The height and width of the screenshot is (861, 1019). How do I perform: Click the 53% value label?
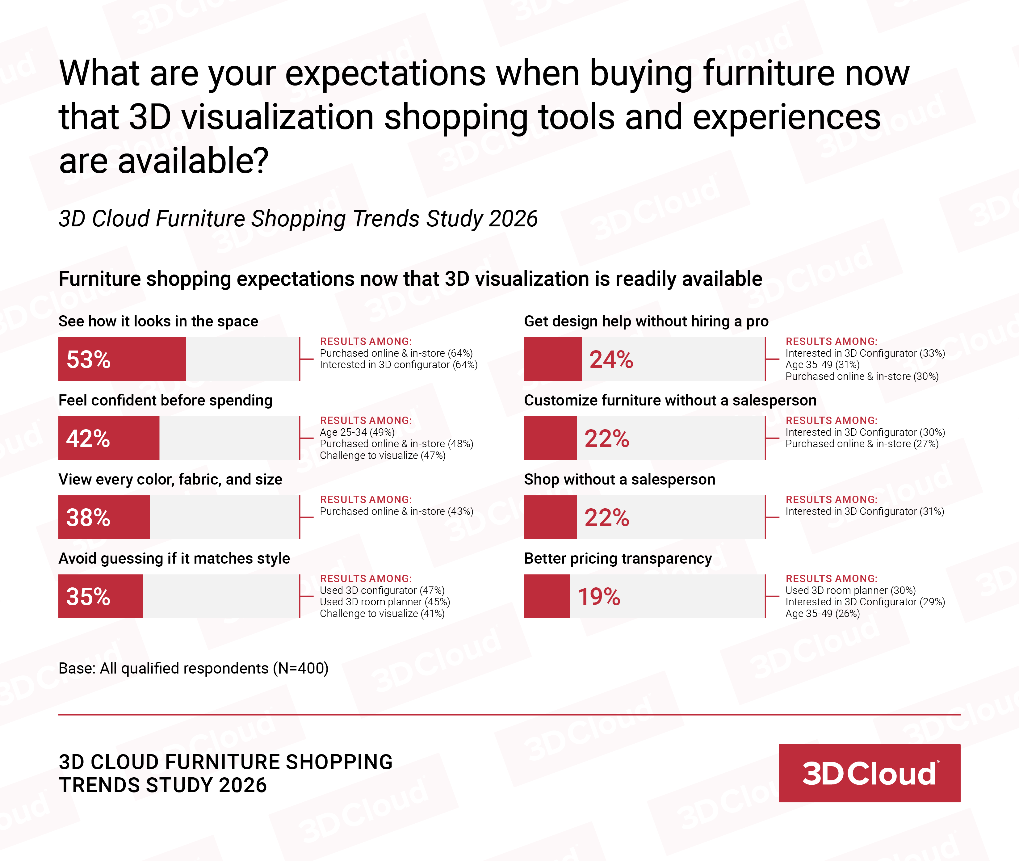click(88, 360)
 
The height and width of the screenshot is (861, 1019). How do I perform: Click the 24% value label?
click(611, 360)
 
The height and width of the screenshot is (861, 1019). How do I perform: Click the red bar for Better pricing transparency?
click(547, 596)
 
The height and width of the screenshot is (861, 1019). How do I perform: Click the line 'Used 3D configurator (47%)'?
click(382, 590)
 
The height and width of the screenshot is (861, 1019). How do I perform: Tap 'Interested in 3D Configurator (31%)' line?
click(864, 511)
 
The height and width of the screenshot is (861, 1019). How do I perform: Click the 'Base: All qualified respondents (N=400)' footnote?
click(193, 668)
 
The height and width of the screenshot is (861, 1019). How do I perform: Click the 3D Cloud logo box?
click(869, 773)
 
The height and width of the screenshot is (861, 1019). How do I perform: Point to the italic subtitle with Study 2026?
click(298, 219)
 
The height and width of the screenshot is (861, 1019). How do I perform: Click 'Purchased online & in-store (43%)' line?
click(396, 511)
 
